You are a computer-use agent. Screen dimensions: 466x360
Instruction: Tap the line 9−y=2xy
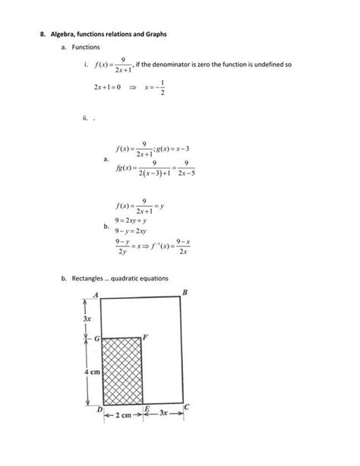[x=131, y=230]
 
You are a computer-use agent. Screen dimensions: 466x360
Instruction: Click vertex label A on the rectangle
[x=96, y=294]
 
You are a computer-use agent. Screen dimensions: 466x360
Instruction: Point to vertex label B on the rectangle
[x=185, y=293]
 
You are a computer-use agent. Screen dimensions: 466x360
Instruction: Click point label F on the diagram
[x=145, y=336]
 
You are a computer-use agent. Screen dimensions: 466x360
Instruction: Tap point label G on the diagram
[x=96, y=337]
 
